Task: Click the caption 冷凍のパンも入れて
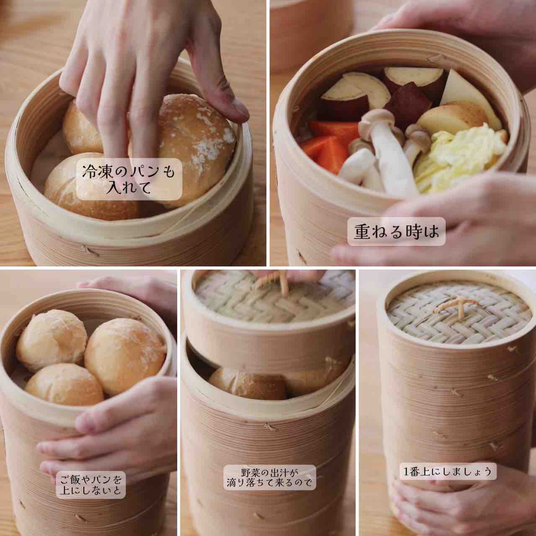point(129,179)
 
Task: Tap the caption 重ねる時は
point(397,232)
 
